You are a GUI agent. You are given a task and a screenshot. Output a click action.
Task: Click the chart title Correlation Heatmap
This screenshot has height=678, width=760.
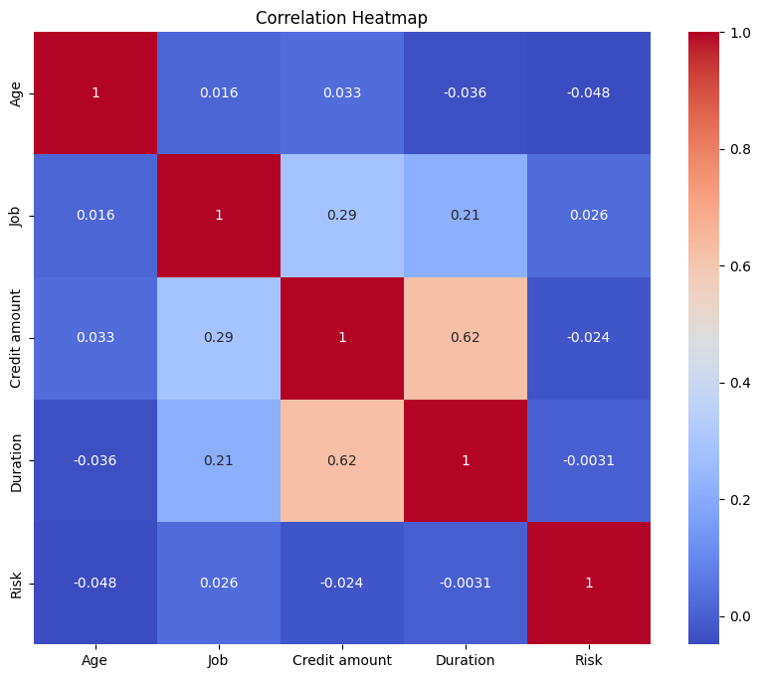point(341,18)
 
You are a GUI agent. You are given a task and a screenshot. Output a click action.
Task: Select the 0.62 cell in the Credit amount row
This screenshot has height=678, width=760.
point(466,338)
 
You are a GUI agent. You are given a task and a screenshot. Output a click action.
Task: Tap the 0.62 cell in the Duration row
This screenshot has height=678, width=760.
point(341,460)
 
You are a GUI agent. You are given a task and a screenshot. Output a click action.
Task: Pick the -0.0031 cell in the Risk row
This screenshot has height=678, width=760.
point(466,583)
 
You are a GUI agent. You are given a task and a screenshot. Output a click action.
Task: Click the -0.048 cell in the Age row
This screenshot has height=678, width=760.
point(589,93)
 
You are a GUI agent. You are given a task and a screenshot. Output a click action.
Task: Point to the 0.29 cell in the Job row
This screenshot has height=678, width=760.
point(341,216)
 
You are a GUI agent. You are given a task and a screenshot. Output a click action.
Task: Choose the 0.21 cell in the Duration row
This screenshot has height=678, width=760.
point(218,460)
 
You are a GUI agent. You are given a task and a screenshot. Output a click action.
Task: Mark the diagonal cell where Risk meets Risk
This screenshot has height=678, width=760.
point(589,583)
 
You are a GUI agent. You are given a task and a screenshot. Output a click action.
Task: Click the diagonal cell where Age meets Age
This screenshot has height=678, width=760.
point(95,93)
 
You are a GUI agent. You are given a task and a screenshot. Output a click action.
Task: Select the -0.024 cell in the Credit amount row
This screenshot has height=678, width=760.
point(589,338)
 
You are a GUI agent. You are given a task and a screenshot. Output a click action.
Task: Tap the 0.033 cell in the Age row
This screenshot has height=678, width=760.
point(341,93)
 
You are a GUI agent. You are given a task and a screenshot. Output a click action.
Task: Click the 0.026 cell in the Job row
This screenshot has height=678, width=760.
point(589,216)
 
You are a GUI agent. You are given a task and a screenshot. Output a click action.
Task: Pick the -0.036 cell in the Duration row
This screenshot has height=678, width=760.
point(95,460)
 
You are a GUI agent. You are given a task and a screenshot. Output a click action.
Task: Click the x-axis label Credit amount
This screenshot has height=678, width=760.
point(341,660)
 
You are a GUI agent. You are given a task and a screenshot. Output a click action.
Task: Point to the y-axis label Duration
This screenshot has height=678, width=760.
point(16,460)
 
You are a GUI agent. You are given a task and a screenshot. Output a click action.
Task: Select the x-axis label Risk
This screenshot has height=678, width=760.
point(589,660)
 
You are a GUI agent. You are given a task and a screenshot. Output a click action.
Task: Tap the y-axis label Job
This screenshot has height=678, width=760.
point(16,216)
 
